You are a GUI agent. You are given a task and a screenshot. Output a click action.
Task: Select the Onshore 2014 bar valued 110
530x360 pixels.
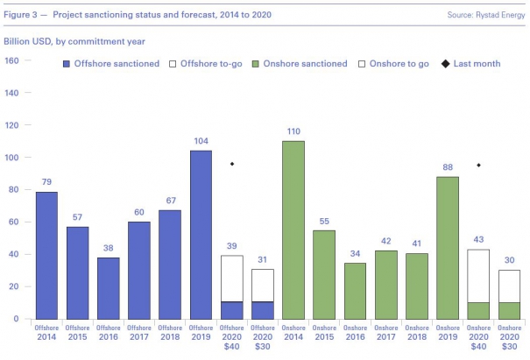293,229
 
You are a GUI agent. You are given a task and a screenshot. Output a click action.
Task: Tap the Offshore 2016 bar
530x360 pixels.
109,288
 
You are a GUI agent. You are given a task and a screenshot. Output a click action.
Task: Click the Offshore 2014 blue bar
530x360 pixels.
47,255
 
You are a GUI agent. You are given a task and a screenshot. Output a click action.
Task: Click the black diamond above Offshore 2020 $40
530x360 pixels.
232,164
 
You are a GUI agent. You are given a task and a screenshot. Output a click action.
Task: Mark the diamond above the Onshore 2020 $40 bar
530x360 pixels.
478,165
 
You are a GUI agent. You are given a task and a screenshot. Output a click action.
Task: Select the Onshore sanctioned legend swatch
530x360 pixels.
257,64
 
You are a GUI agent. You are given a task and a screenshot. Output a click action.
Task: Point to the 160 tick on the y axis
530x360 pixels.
12,60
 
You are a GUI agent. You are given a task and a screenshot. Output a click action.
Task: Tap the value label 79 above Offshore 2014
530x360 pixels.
47,183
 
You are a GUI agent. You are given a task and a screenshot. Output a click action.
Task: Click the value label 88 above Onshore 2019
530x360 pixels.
448,168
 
